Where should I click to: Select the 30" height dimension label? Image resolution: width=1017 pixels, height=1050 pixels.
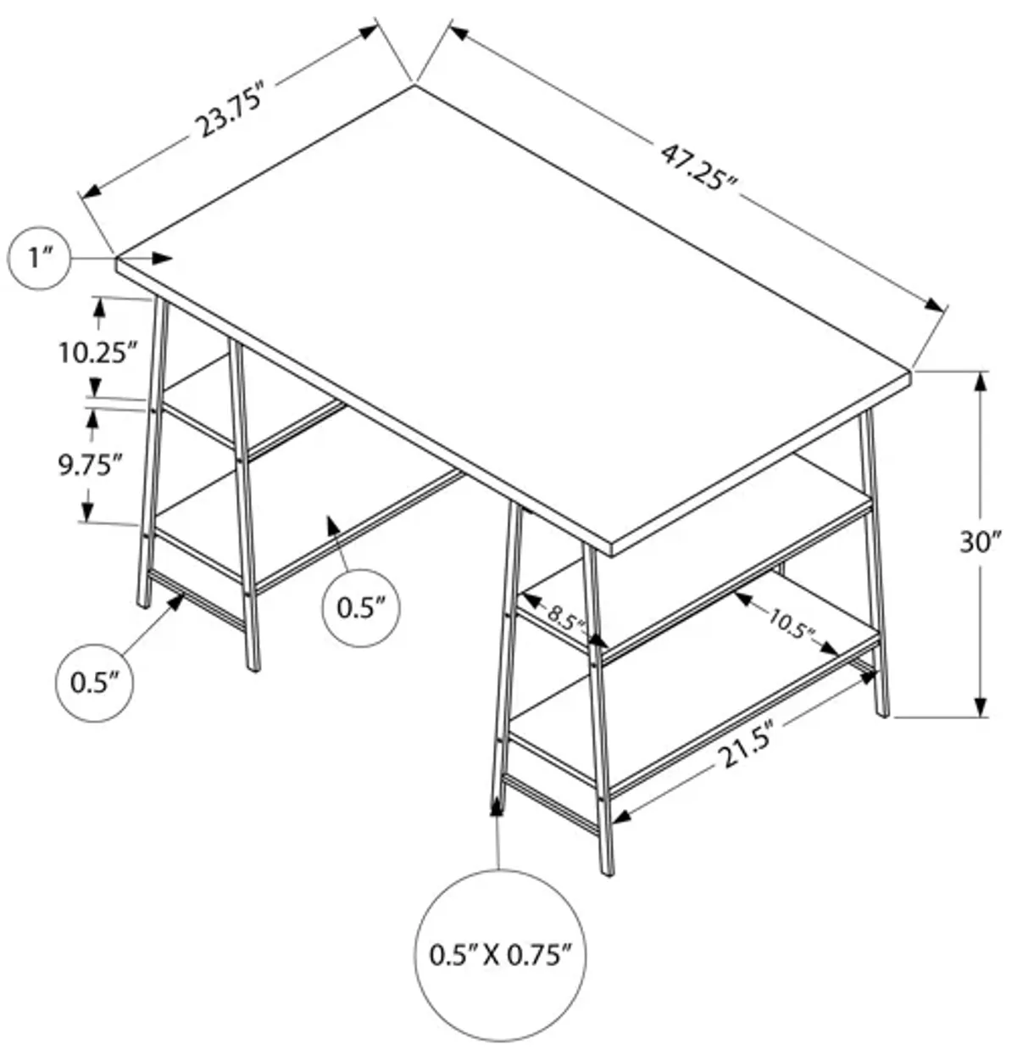[x=981, y=542]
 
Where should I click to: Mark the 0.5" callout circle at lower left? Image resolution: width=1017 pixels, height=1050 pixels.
[x=93, y=683]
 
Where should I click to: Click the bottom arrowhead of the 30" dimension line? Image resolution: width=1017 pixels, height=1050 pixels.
[x=981, y=706]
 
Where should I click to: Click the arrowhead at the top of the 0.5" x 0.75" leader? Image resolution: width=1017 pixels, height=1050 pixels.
[x=497, y=807]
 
